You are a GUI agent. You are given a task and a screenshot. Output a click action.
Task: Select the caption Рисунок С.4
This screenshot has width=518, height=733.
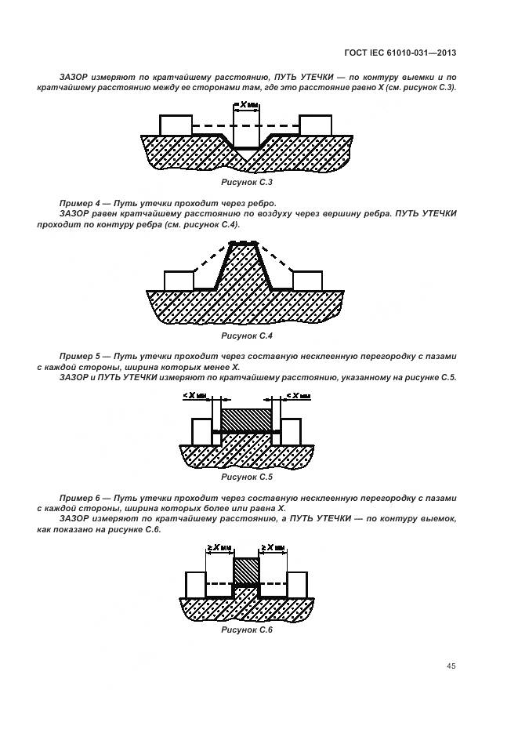[246, 336]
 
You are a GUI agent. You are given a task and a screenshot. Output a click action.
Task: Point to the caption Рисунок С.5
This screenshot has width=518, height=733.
[246, 476]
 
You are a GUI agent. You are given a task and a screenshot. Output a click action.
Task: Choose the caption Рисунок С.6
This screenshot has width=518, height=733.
[246, 630]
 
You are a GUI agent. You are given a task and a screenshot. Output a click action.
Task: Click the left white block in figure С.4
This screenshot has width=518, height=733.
[179, 281]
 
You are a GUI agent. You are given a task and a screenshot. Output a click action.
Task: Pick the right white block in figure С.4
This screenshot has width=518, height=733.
[307, 281]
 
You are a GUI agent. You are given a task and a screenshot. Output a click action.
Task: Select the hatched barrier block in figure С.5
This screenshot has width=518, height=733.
[246, 419]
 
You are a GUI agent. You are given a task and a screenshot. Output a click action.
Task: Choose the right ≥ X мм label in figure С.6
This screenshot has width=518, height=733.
[273, 547]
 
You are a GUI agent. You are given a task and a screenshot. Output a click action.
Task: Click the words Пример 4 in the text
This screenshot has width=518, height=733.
[77, 203]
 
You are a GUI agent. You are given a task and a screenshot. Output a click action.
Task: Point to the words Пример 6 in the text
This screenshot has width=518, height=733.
[77, 498]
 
